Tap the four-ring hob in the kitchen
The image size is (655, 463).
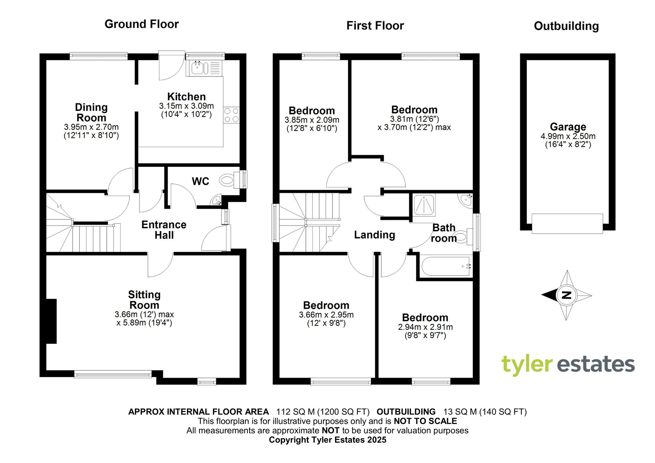[x=231, y=115]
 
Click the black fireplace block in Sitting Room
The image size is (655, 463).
[x=51, y=321]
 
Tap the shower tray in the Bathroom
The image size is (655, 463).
[x=424, y=205]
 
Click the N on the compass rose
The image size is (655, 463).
[x=566, y=295]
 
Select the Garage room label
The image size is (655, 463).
[x=568, y=127]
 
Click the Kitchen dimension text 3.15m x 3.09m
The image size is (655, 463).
[x=186, y=106]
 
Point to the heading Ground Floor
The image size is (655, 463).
[x=141, y=24]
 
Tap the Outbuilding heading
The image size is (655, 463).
[x=566, y=26]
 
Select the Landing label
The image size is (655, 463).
[x=374, y=235]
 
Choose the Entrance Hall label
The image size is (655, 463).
[x=164, y=230]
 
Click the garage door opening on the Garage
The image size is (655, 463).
[x=567, y=224]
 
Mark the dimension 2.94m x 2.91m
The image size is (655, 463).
[x=425, y=327]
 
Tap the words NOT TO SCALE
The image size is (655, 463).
[x=425, y=421]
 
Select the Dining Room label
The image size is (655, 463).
[x=91, y=112]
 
